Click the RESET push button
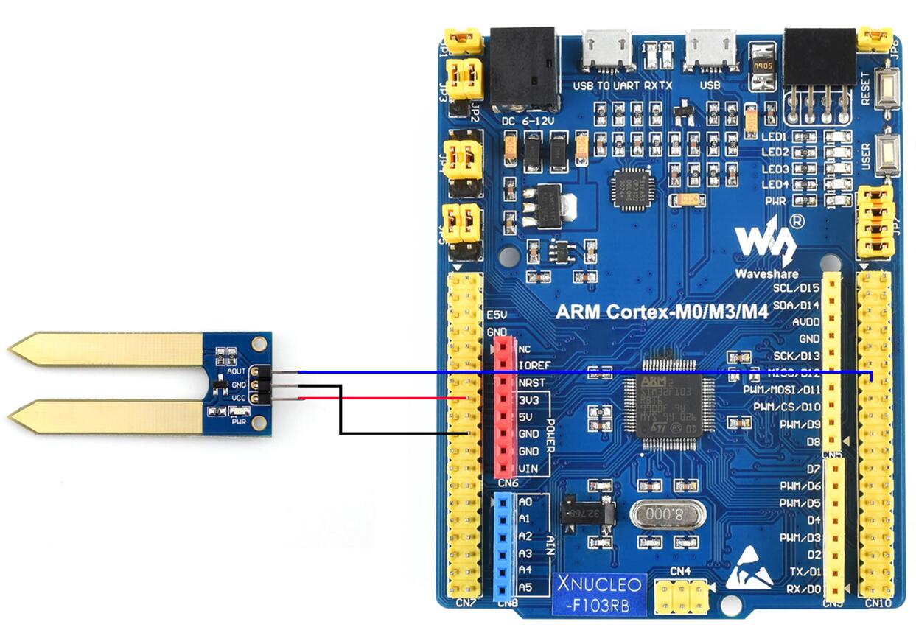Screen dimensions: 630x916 pos(888,86)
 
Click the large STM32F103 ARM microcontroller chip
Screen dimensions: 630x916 pos(661,409)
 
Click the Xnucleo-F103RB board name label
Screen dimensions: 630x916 pos(600,595)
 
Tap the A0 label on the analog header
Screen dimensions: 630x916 pos(525,502)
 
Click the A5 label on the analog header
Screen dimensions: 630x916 pos(525,587)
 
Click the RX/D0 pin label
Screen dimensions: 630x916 pos(803,589)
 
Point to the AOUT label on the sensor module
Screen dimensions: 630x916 pos(237,371)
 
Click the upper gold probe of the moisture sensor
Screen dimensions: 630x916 pos(111,349)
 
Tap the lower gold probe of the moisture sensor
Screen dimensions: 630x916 pos(111,416)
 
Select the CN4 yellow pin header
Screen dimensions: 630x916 pos(681,594)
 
